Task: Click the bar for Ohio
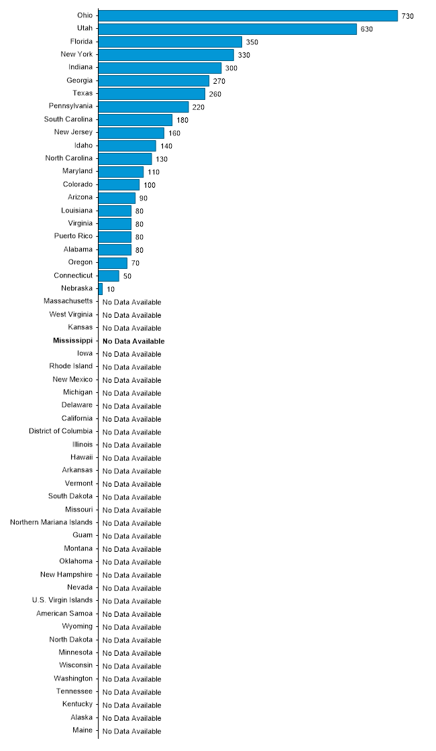(x=248, y=15)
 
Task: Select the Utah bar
(x=227, y=29)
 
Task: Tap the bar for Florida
(x=170, y=42)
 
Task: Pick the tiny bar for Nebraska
(x=101, y=288)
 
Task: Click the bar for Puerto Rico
(x=115, y=237)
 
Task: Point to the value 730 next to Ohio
(x=408, y=16)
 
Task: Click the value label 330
(x=243, y=55)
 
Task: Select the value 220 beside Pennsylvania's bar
(x=198, y=107)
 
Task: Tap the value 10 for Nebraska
(x=111, y=289)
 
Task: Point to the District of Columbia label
(x=61, y=431)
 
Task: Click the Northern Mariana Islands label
(x=52, y=522)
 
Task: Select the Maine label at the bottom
(x=83, y=730)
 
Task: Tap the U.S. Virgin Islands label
(x=62, y=600)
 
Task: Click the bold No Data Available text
(x=133, y=341)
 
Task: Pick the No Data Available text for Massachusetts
(x=132, y=302)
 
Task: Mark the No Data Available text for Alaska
(x=132, y=718)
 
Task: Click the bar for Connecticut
(x=109, y=276)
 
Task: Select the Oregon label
(x=80, y=262)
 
